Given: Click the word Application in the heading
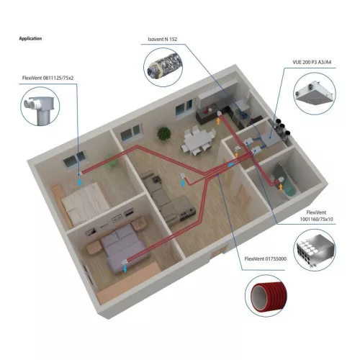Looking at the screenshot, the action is tap(30, 38).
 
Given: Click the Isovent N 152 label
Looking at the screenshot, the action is tap(163, 39).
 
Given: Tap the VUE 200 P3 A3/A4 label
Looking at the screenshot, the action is tap(312, 62).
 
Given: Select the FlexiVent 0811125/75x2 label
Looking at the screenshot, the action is tap(48, 78).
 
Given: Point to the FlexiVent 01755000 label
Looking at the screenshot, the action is tap(266, 258).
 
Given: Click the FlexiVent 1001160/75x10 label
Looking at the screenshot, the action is tap(316, 216).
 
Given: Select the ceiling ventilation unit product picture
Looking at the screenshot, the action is tap(315, 93).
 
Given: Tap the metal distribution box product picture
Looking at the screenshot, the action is tap(315, 251).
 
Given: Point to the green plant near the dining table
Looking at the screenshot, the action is tap(164, 133).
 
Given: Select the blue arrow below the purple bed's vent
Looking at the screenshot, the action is tap(125, 269).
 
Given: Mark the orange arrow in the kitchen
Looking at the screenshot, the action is tap(218, 120).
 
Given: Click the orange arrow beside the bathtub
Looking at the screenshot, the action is tap(281, 186).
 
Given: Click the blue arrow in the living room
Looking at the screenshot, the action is tap(183, 183).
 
